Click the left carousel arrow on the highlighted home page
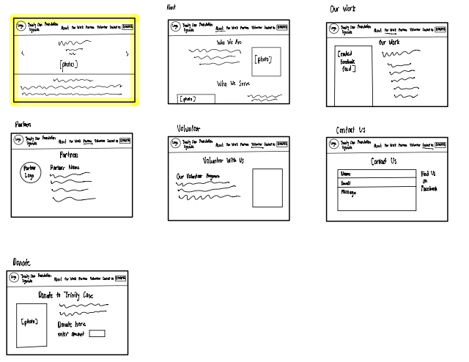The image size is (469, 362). click(x=22, y=53)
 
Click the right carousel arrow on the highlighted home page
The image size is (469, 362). click(x=128, y=53)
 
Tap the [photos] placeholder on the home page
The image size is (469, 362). click(x=69, y=64)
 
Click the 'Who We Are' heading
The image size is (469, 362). click(x=228, y=43)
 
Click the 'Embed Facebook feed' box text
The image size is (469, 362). click(x=347, y=62)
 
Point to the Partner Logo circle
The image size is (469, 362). click(x=30, y=175)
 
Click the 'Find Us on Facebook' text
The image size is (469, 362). click(x=429, y=181)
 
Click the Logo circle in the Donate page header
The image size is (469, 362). click(x=14, y=278)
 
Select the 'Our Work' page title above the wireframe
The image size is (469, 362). click(x=344, y=10)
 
